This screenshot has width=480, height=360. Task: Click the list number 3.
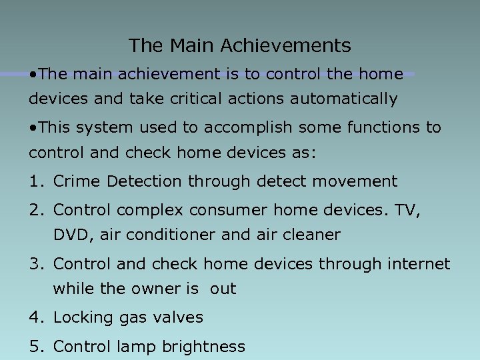pos(35,264)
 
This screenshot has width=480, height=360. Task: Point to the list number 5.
pos(35,347)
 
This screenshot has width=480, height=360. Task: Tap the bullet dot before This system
pos(33,127)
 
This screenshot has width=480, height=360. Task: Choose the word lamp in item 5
pos(132,347)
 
